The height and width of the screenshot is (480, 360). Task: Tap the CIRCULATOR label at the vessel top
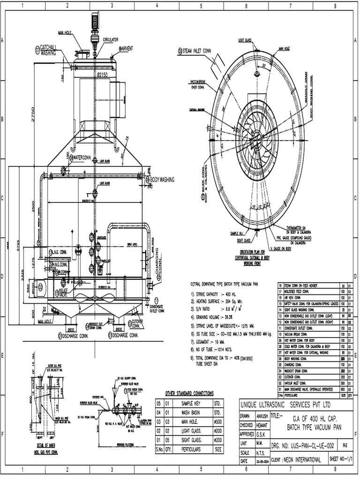(x=110, y=40)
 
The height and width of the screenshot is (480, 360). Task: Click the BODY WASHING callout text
(x=162, y=180)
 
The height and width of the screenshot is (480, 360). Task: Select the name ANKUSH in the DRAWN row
(x=262, y=415)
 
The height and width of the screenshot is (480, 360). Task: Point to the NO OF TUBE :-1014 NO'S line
(x=218, y=349)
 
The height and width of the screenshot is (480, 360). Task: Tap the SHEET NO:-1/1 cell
(x=343, y=460)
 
